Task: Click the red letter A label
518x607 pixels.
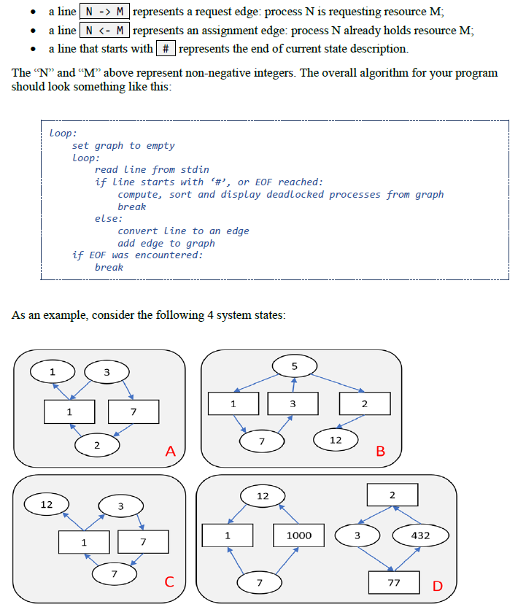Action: point(171,452)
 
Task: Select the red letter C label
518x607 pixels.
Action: point(169,581)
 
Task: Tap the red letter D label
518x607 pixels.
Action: point(438,585)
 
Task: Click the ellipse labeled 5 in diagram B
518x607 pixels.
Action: point(294,366)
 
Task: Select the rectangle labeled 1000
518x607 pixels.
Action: point(298,536)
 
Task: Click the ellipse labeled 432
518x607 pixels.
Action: point(421,536)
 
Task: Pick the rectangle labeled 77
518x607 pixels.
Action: point(394,583)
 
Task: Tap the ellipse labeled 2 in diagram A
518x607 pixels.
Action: point(97,444)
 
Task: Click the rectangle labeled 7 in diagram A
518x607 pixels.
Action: point(133,412)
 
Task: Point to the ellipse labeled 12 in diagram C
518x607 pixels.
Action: point(46,504)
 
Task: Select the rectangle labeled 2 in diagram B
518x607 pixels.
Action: point(365,403)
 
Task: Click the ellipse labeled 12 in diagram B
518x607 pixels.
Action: point(336,440)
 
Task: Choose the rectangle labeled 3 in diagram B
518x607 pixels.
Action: point(292,403)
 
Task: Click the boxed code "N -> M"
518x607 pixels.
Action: point(104,12)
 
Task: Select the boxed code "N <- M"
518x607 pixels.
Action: point(104,30)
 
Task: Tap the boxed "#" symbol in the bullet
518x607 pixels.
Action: point(165,48)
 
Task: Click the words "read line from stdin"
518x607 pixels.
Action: point(152,169)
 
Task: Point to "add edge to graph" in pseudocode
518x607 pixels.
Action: point(166,243)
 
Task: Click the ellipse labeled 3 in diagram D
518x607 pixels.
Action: point(357,536)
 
